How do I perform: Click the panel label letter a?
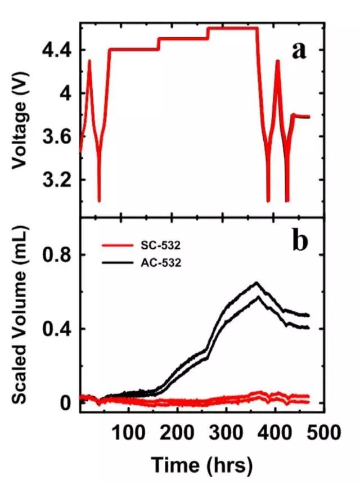(x=299, y=51)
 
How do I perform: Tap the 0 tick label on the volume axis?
(x=67, y=403)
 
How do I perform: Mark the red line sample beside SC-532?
(x=119, y=246)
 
